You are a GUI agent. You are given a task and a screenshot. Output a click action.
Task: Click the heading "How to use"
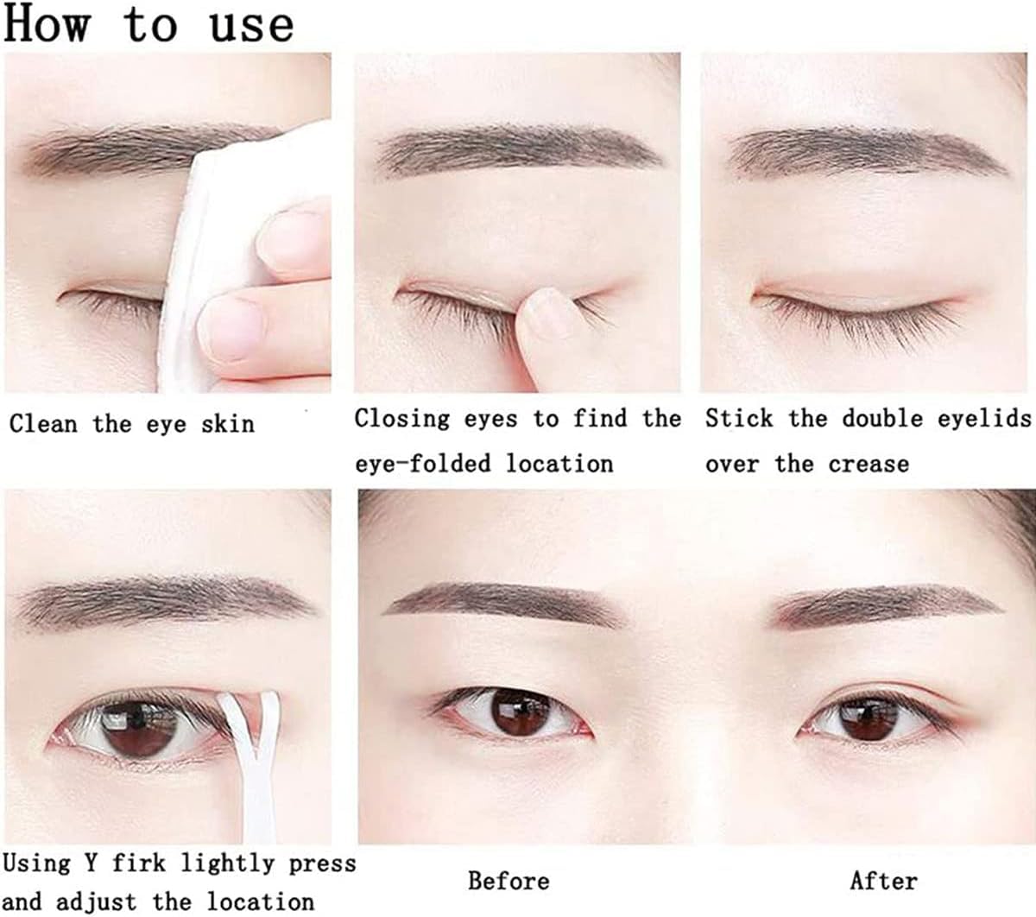pyautogui.click(x=148, y=24)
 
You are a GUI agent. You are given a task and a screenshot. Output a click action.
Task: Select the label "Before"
pyautogui.click(x=509, y=881)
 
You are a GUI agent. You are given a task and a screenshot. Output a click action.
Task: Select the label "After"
pyautogui.click(x=882, y=881)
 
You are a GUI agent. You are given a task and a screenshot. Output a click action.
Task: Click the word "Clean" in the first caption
pyautogui.click(x=43, y=424)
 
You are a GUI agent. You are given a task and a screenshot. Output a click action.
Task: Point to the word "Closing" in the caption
pyautogui.click(x=401, y=419)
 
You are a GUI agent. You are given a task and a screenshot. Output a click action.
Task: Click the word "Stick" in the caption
pyautogui.click(x=739, y=419)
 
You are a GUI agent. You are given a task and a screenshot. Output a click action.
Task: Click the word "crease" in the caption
pyautogui.click(x=869, y=464)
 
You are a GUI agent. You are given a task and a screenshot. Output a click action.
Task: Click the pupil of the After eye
pyautogui.click(x=869, y=716)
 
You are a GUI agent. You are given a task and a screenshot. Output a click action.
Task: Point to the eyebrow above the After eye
pyautogui.click(x=889, y=604)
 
